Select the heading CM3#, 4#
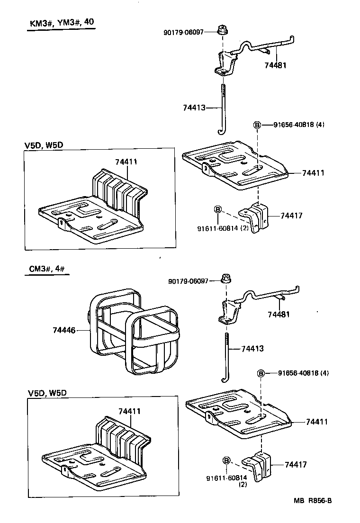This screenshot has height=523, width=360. [x=46, y=270]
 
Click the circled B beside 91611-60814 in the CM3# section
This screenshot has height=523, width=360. [x=226, y=460]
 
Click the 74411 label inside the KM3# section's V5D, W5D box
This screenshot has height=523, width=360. [x=126, y=162]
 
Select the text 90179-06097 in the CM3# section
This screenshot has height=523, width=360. [x=188, y=281]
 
